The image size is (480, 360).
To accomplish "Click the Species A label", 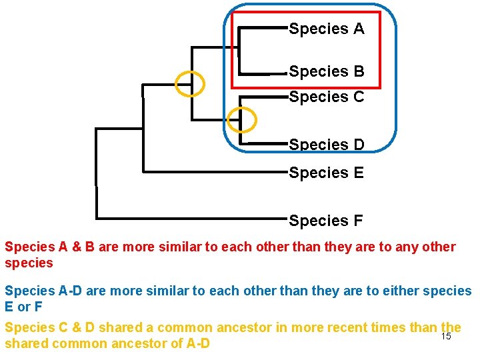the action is click(327, 29).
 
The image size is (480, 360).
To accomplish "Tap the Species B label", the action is click(327, 71).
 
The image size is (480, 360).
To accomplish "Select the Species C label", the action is click(327, 97).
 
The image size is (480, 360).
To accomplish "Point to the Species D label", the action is click(327, 144).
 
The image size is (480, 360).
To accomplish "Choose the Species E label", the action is click(327, 173).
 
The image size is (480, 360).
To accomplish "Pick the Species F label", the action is click(327, 220).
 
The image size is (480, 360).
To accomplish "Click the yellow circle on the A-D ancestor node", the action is click(190, 83).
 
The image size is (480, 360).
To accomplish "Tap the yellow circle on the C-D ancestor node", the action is click(241, 120).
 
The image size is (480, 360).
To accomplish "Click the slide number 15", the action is click(447, 336).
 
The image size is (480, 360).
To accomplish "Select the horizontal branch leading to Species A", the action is click(263, 28).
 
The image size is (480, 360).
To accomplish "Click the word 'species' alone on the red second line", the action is click(29, 263).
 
